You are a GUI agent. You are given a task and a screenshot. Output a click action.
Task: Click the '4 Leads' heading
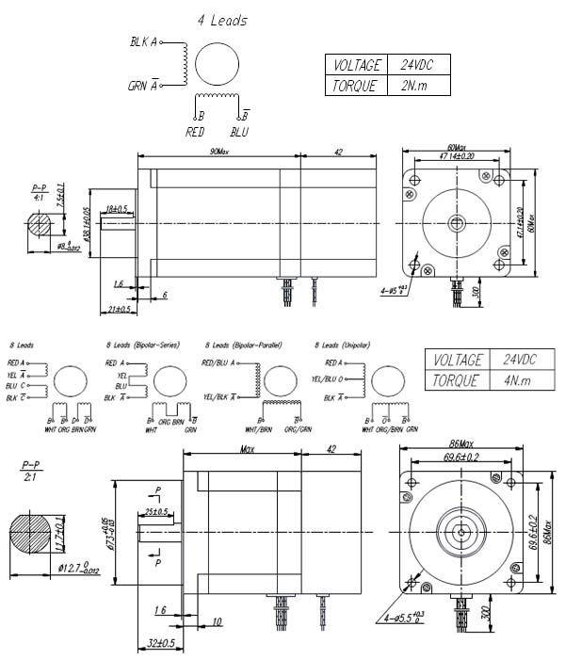[222, 20]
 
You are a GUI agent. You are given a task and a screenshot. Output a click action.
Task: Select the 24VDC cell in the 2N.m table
[416, 65]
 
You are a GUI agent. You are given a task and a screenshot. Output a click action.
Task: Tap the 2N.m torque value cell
[414, 85]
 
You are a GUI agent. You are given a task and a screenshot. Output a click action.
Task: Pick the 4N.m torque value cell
[517, 380]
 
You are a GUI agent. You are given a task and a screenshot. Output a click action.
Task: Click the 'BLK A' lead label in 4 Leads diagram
[145, 42]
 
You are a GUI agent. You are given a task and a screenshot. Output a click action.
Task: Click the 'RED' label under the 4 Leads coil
[195, 132]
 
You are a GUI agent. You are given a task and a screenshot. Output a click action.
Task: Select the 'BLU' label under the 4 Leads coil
[239, 132]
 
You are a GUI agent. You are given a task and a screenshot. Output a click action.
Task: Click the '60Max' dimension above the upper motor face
[457, 147]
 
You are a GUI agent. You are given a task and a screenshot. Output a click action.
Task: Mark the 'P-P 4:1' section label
[39, 192]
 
